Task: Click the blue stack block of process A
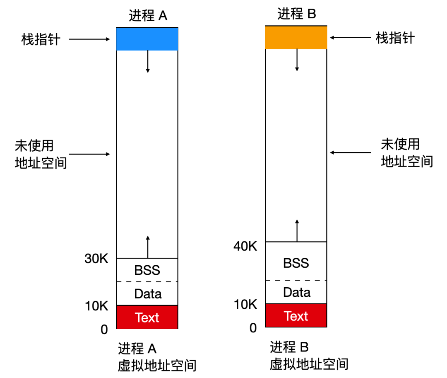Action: [147, 39]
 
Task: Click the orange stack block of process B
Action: [296, 37]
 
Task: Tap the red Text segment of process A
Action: [147, 317]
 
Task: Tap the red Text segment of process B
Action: [296, 315]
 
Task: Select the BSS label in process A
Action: [147, 270]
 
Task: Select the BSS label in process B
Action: [296, 263]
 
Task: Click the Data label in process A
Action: [148, 294]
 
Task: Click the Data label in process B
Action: [297, 292]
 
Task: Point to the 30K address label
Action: [96, 259]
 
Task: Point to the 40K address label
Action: [245, 246]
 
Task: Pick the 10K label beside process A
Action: [96, 306]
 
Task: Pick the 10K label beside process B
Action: [245, 304]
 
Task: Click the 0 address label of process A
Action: [104, 330]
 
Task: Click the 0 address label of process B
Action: [253, 328]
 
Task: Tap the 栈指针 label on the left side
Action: [41, 39]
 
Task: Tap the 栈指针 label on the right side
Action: [395, 38]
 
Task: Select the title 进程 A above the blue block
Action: [148, 15]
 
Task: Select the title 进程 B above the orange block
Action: [297, 14]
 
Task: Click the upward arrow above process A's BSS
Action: [148, 247]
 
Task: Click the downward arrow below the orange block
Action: [297, 60]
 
